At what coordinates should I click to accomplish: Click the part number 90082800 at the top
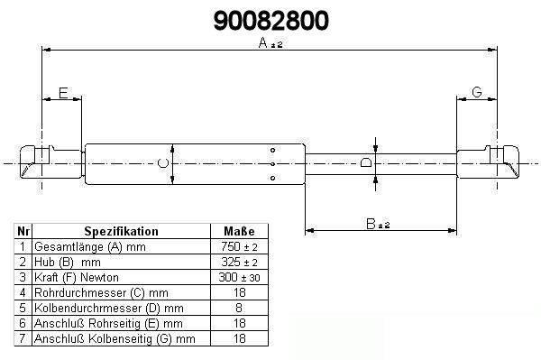click(270, 21)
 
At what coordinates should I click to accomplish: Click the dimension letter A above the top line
click(263, 42)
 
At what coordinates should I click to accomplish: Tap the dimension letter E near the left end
click(63, 93)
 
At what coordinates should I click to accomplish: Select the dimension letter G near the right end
click(476, 92)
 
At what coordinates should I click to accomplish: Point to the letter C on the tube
click(163, 163)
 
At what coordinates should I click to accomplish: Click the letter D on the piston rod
click(366, 162)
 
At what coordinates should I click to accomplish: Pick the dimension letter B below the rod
click(371, 224)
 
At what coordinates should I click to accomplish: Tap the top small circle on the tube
click(272, 150)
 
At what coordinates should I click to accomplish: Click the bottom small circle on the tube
click(272, 178)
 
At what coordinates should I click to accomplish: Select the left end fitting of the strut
click(51, 162)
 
